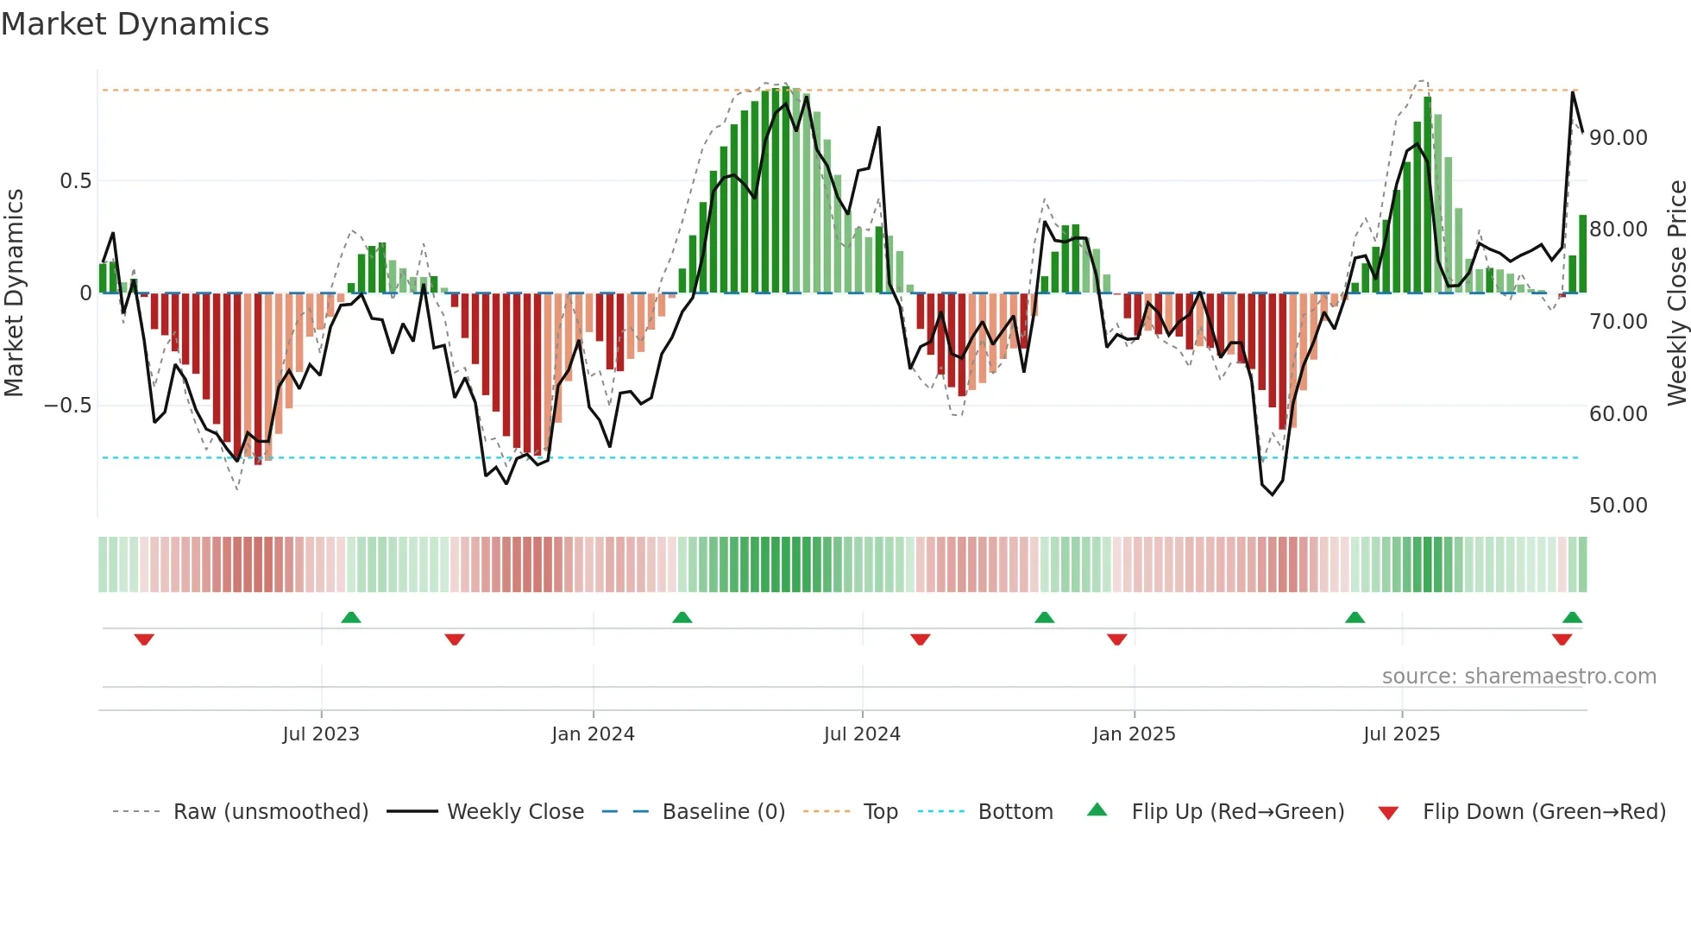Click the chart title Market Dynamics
point(135,24)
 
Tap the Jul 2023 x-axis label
point(321,734)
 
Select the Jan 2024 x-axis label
point(593,734)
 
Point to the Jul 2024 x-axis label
point(862,734)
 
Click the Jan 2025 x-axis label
point(1134,734)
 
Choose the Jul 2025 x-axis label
point(1402,734)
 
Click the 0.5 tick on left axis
point(75,181)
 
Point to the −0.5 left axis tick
point(67,406)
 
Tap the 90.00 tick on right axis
point(1618,138)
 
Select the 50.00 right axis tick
point(1618,506)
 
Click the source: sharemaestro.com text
point(1518,677)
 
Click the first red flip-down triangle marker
point(144,639)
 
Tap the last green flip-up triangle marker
point(1572,617)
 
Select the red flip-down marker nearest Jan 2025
point(1117,639)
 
